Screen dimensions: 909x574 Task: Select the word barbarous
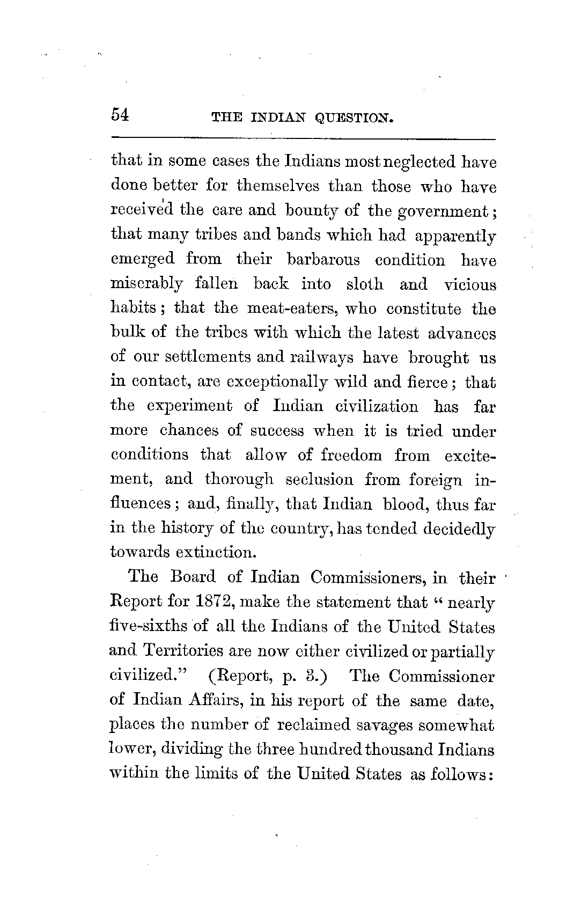[323, 260]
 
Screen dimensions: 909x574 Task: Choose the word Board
[193, 577]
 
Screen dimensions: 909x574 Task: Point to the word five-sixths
[141, 626]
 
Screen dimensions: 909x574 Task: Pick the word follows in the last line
[460, 774]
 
